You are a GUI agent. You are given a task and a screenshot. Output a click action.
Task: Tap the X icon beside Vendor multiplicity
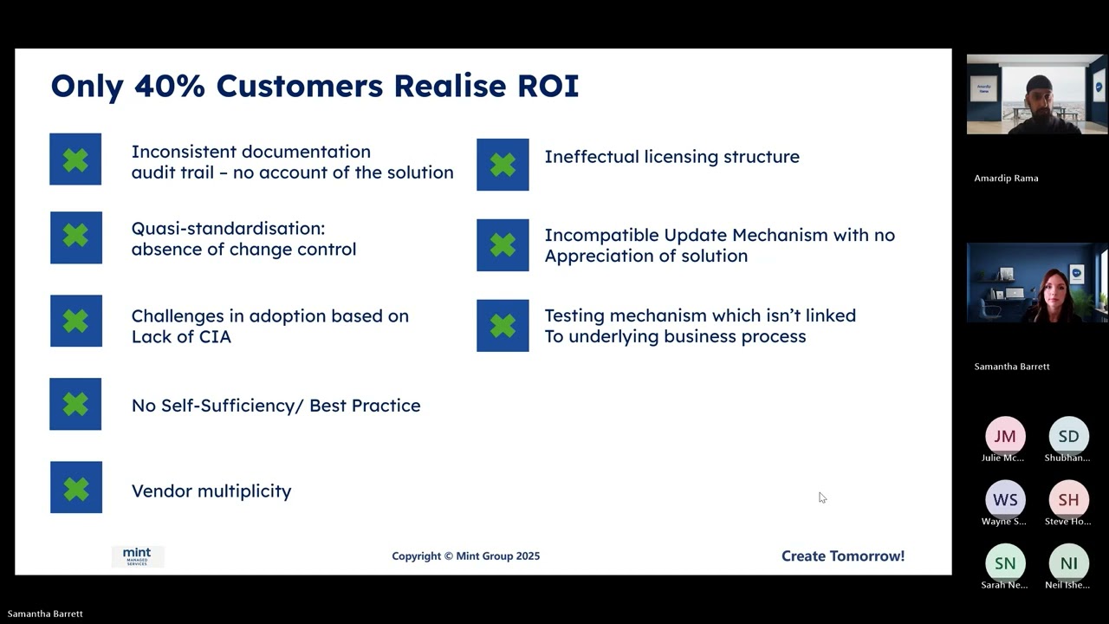75,488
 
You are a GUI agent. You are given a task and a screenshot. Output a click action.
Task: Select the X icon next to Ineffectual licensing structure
503,165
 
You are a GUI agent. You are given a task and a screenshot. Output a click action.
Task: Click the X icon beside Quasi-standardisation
75,237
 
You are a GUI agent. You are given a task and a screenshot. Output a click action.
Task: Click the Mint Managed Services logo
137,556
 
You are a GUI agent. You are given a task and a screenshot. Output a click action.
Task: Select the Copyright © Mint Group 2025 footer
465,556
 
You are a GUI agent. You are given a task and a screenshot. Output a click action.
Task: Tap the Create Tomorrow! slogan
842,556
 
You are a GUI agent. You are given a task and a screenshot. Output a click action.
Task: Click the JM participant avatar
1005,436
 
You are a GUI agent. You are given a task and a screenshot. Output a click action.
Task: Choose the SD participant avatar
1068,436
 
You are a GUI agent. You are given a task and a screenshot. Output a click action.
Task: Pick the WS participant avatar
1005,500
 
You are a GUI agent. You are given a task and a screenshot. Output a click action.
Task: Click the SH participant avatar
1068,500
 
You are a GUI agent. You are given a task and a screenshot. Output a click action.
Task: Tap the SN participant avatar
1005,563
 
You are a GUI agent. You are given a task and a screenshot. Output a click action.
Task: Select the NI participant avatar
1068,563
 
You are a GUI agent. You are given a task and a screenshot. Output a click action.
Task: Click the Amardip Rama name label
1006,179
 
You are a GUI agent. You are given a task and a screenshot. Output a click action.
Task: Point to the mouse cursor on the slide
821,497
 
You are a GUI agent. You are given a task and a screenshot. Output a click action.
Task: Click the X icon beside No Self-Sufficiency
75,404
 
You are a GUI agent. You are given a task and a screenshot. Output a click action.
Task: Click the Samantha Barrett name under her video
1011,367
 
